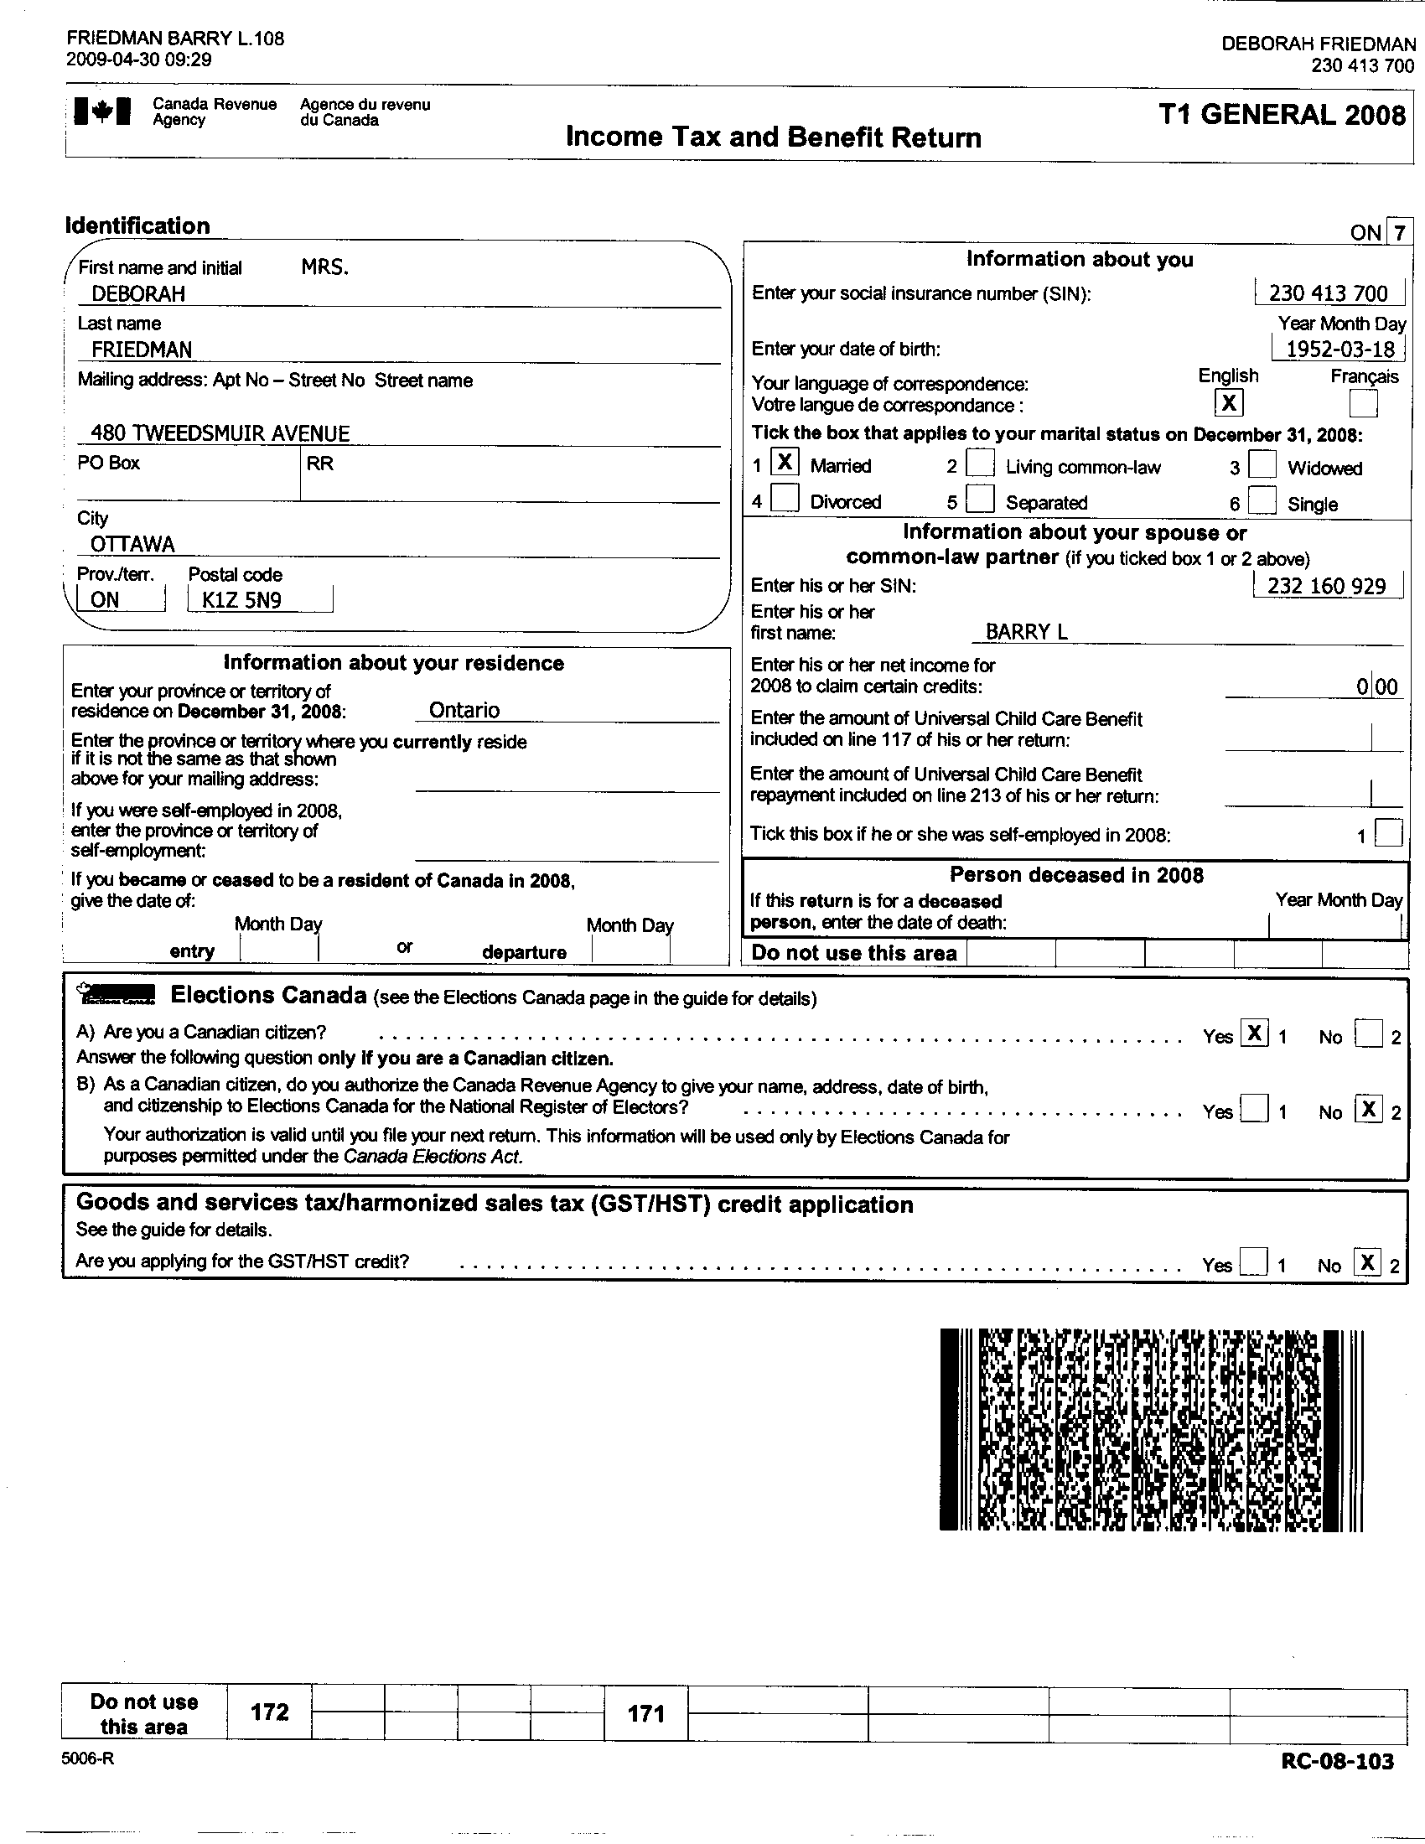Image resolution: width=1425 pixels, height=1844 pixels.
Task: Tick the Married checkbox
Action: coord(785,463)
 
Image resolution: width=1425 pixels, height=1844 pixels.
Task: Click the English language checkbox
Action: coord(1228,402)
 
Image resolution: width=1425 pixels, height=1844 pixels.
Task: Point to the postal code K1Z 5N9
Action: coord(241,600)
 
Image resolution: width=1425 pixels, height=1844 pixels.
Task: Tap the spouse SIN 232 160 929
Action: coord(1327,586)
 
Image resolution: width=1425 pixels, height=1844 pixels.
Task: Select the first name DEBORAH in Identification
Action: coord(138,294)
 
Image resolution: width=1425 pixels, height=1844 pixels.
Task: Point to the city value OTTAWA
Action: coord(132,544)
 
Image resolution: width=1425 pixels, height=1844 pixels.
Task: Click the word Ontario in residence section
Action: coord(464,710)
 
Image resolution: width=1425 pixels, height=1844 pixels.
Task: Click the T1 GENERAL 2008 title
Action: coord(1282,115)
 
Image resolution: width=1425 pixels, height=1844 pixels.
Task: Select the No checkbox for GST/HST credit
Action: coord(1367,1262)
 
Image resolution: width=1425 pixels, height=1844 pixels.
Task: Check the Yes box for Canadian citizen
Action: coord(1254,1033)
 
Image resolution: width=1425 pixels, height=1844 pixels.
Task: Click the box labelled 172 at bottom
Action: coord(269,1712)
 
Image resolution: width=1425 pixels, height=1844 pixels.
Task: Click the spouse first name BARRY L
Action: coord(1027,631)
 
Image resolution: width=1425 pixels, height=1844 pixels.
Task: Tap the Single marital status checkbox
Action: coord(1262,500)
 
